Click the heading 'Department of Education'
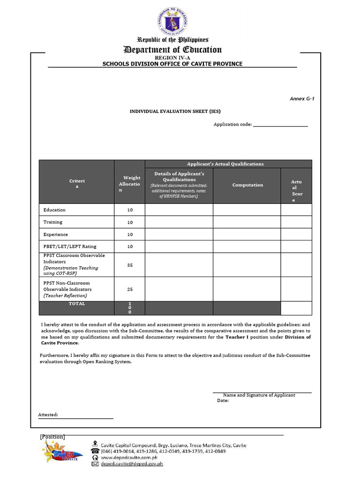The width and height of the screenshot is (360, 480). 172,50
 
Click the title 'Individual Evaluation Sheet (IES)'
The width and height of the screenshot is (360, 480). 175,112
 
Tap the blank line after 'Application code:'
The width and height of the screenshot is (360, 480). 280,125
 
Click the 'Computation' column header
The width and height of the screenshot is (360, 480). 247,185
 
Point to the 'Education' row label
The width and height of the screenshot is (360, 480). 54,210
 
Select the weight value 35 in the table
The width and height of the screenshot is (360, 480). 130,265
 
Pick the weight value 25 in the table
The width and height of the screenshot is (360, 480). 130,289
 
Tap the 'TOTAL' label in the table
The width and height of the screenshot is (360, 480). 77,304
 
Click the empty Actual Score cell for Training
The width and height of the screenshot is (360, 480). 296,222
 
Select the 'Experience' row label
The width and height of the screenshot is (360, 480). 56,234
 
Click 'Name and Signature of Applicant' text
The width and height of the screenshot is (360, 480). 259,395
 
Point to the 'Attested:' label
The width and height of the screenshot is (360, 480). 48,415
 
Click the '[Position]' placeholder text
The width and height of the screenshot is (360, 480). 52,437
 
